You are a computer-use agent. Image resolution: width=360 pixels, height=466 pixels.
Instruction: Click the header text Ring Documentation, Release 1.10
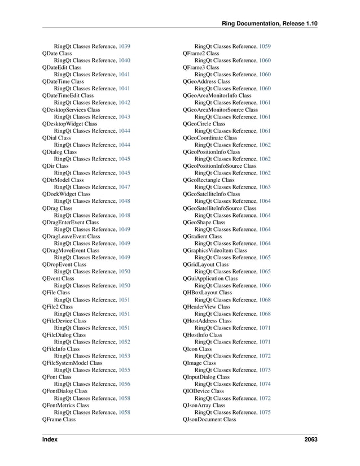(270, 23)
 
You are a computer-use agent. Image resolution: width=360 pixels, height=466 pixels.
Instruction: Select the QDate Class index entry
(56, 53)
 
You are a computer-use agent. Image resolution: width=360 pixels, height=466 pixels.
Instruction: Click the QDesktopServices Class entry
(71, 110)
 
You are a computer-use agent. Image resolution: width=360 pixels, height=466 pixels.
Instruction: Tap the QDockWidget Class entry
(66, 194)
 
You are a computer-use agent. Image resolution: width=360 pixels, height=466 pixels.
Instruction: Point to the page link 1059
(265, 46)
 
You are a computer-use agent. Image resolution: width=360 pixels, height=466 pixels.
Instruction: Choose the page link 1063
(265, 187)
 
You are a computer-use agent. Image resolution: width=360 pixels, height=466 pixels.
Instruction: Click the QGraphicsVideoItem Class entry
(214, 250)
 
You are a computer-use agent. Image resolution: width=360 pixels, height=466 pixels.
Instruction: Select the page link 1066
(265, 285)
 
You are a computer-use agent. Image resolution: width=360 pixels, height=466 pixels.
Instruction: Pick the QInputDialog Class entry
(206, 377)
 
